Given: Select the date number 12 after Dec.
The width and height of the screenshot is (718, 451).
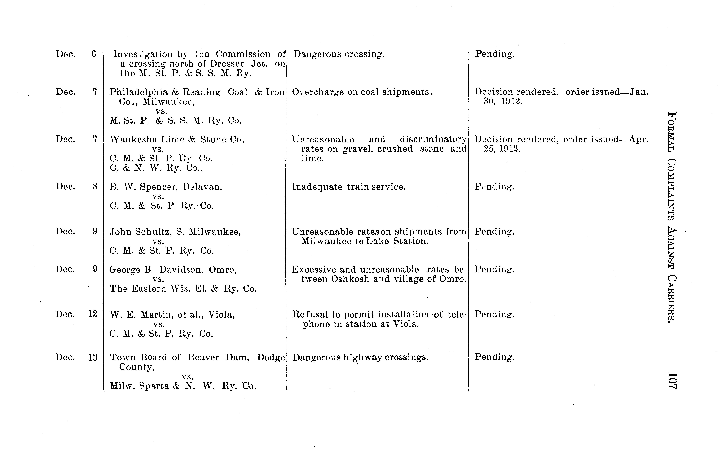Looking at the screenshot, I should pyautogui.click(x=93, y=314).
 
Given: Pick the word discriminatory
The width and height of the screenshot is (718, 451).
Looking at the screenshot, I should pyautogui.click(x=433, y=139).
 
